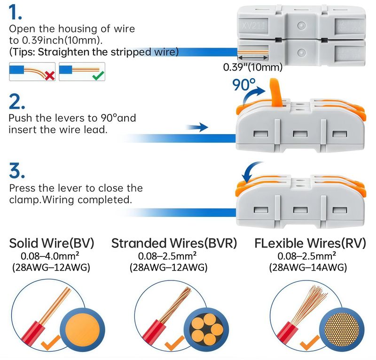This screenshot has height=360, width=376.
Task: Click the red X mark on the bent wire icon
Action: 48,74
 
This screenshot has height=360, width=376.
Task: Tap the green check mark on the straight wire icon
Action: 99,74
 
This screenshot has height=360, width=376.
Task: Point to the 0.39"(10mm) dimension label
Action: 252,67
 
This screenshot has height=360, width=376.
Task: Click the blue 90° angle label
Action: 244,85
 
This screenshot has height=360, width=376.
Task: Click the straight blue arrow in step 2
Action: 197,127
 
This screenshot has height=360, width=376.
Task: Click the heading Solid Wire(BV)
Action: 52,243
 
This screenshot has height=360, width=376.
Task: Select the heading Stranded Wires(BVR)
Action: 174,243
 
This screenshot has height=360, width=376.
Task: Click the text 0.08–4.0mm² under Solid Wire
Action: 51,256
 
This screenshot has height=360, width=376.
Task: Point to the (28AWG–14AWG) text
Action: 308,268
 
